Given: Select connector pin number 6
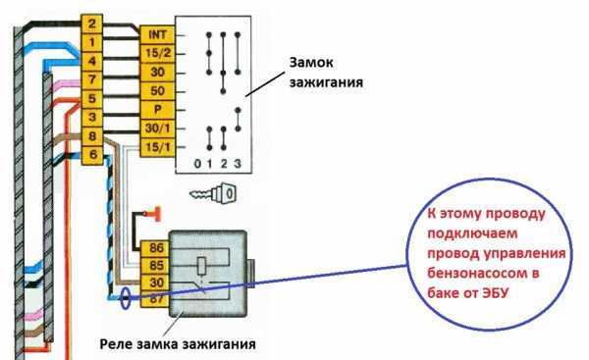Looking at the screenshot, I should [x=91, y=155].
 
